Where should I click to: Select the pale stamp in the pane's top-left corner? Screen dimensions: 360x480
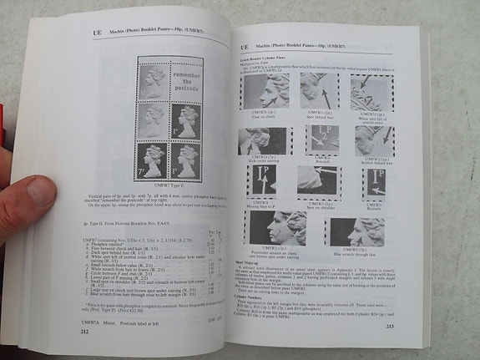(153, 82)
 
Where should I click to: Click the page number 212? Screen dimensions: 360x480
(83, 332)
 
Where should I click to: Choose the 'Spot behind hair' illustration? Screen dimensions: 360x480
(319, 90)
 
